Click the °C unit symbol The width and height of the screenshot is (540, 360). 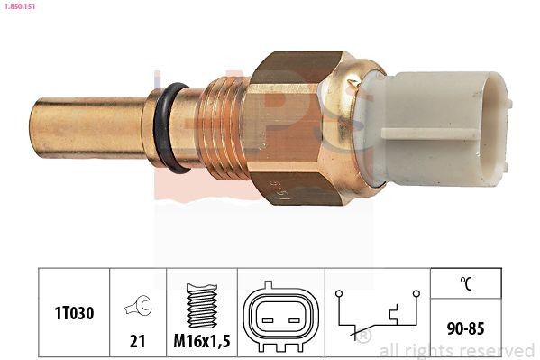point(465,284)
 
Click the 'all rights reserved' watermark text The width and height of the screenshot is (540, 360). point(457,350)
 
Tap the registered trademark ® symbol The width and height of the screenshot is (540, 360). point(364,337)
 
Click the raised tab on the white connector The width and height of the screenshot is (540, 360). point(431,135)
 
